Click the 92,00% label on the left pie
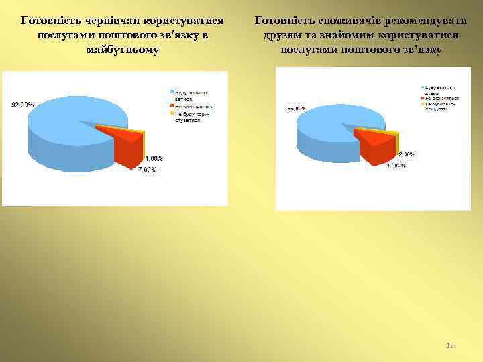23,105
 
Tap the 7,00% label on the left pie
148,170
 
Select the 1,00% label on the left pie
154,158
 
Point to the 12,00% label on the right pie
395,165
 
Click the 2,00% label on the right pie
406,154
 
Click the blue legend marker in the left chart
172,91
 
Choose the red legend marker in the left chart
172,106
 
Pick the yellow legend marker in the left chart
172,113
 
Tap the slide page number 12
450,345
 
